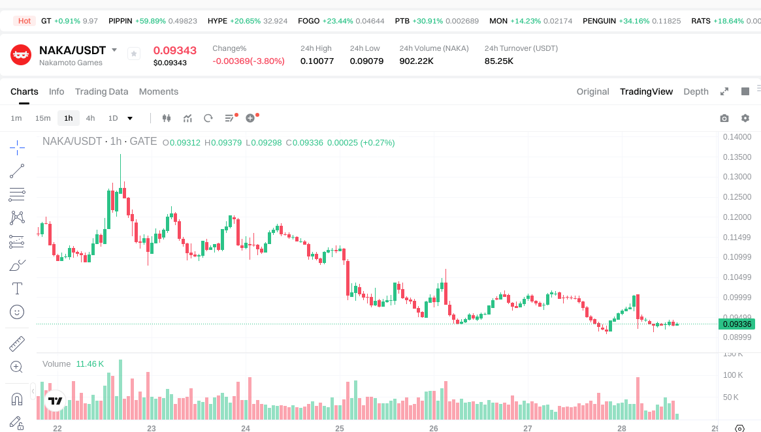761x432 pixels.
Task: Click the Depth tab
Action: (696, 91)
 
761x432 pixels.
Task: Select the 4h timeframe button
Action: (90, 118)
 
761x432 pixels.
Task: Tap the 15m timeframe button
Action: (42, 118)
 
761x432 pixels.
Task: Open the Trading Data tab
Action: (101, 91)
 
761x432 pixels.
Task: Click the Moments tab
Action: (158, 91)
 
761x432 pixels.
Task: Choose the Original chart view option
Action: (592, 91)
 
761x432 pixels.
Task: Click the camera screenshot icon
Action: (724, 118)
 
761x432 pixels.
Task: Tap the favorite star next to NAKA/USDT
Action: (134, 54)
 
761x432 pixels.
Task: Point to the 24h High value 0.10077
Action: (317, 61)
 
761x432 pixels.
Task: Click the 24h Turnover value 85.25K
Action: (498, 61)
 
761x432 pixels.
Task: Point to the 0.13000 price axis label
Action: (736, 177)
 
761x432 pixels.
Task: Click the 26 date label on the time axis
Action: (434, 428)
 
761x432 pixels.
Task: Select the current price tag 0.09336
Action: (736, 324)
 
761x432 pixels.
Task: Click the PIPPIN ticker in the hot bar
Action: (121, 21)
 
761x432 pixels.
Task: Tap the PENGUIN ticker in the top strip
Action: (599, 21)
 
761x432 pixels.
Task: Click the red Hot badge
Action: (25, 21)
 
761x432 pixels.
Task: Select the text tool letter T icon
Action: (17, 288)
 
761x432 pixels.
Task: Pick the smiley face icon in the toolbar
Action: (17, 312)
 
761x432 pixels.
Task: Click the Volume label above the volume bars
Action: (56, 363)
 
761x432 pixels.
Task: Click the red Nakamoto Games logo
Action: (21, 55)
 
